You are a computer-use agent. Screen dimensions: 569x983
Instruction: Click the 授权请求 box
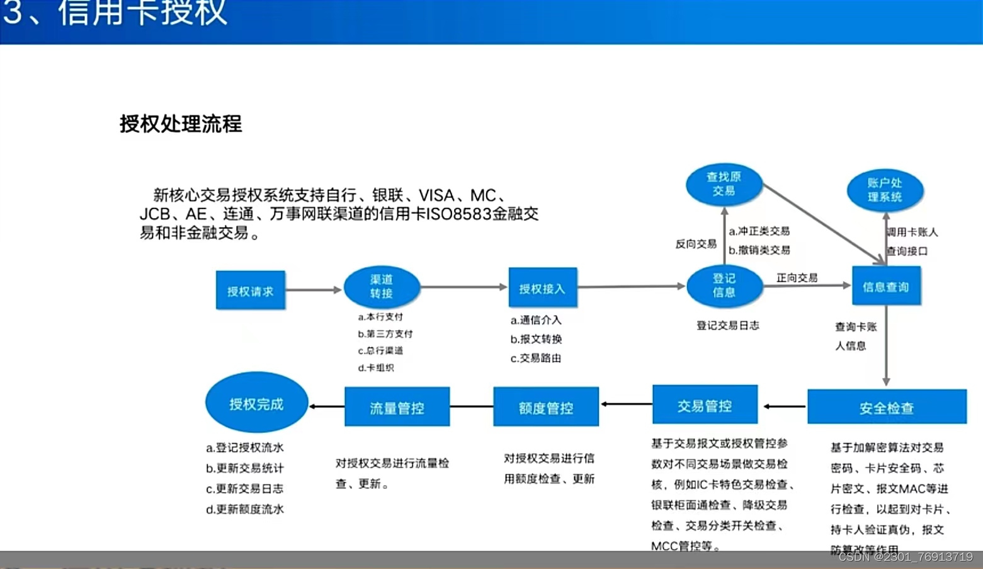coord(250,290)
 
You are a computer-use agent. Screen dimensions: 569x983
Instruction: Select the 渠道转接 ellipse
coord(382,287)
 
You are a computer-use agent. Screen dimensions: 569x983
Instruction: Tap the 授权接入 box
coord(542,288)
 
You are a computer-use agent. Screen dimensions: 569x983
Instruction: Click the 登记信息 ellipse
coord(724,285)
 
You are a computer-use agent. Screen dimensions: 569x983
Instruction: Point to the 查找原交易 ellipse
coord(724,185)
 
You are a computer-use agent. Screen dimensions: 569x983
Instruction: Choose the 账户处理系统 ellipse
coord(885,190)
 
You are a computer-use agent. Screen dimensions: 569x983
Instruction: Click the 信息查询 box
coord(886,287)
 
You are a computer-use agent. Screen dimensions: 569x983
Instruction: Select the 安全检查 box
coord(887,407)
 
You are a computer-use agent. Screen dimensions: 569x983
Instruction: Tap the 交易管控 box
coord(705,405)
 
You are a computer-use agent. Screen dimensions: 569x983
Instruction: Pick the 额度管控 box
coord(546,407)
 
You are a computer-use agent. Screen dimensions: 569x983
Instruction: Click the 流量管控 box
coord(397,407)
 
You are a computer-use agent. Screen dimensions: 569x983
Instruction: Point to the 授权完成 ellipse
coord(256,403)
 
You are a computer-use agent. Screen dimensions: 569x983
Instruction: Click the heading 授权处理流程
coord(181,124)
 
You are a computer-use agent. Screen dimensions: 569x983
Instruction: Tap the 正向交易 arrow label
coord(797,277)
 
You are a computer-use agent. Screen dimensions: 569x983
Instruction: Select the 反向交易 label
coord(696,244)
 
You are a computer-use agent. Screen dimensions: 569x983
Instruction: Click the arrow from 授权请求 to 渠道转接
coord(314,290)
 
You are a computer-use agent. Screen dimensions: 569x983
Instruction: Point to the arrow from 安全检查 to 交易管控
coord(783,406)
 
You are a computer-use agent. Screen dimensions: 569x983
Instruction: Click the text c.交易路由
coord(536,358)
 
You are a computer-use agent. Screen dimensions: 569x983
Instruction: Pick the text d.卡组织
coord(376,367)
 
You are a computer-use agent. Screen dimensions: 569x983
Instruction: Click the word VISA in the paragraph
coord(436,195)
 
